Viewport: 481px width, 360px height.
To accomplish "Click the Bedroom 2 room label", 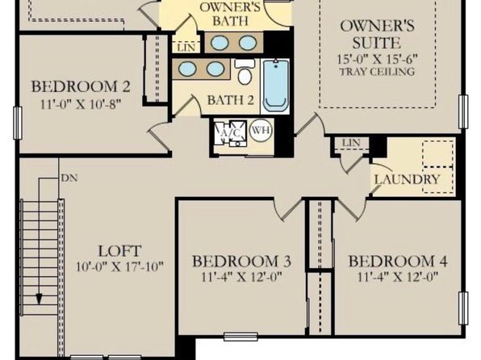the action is pyautogui.click(x=81, y=86).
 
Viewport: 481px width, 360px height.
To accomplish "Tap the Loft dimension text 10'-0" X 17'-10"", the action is pyautogui.click(x=119, y=266).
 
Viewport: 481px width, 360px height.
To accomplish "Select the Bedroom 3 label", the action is pyautogui.click(x=241, y=262).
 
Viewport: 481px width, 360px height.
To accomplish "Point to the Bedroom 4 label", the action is pyautogui.click(x=398, y=262).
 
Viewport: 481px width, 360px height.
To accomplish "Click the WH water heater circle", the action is pyautogui.click(x=261, y=131).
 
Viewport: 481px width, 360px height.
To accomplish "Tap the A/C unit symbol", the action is pyautogui.click(x=230, y=132).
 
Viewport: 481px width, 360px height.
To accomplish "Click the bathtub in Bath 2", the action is pyautogui.click(x=276, y=86).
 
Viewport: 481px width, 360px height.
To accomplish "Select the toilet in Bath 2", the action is pyautogui.click(x=245, y=72).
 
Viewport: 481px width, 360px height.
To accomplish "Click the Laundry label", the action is pyautogui.click(x=408, y=179).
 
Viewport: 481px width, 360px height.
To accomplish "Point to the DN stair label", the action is pyautogui.click(x=69, y=178).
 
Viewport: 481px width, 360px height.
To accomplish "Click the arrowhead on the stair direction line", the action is pyautogui.click(x=39, y=299).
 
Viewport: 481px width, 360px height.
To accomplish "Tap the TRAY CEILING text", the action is pyautogui.click(x=377, y=72).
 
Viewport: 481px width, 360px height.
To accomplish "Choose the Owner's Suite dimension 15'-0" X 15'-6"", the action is pyautogui.click(x=378, y=59).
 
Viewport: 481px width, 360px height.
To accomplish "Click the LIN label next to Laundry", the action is pyautogui.click(x=351, y=143).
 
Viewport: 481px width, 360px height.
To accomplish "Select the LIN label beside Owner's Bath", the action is pyautogui.click(x=186, y=48).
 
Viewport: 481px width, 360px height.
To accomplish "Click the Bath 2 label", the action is pyautogui.click(x=230, y=100).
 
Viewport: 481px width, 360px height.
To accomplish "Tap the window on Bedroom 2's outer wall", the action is pyautogui.click(x=18, y=123).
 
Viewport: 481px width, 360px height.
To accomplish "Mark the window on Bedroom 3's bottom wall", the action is pyautogui.click(x=240, y=337).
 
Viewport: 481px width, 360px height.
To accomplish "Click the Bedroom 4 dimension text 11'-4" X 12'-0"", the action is pyautogui.click(x=398, y=277).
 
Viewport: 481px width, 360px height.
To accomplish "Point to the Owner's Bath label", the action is pyautogui.click(x=230, y=14).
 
